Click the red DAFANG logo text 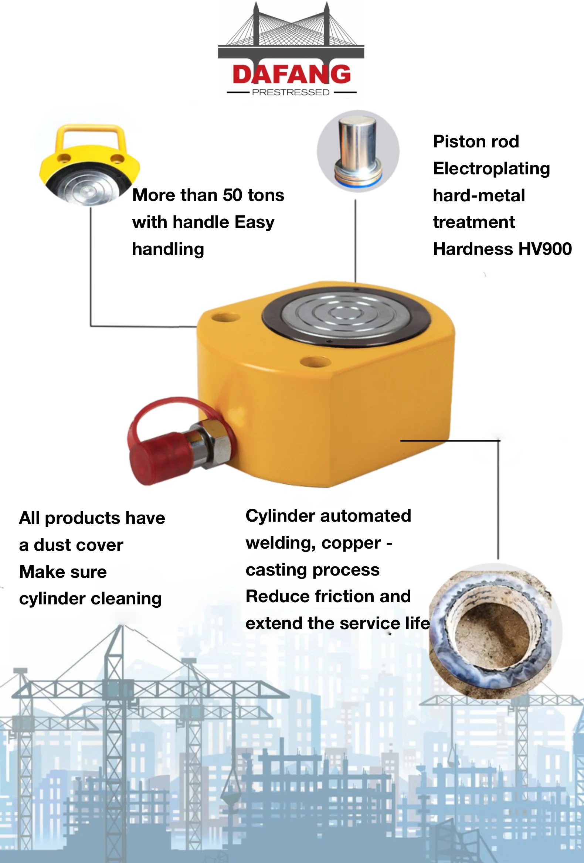tap(291, 74)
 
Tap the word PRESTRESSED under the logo tap(291, 92)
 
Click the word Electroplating tap(491, 168)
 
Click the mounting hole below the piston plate tap(315, 361)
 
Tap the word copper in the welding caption tap(351, 543)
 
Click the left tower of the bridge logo tap(256, 26)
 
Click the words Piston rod tap(476, 141)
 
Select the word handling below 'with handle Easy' tap(168, 249)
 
